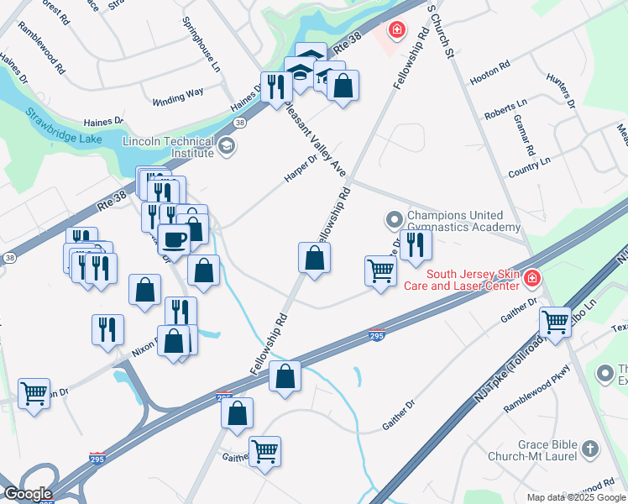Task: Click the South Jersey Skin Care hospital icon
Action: click(532, 276)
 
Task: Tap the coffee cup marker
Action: click(174, 239)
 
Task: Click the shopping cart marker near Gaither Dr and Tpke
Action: click(555, 320)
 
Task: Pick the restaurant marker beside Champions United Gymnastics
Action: click(416, 244)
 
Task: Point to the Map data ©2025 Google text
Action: click(575, 497)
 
